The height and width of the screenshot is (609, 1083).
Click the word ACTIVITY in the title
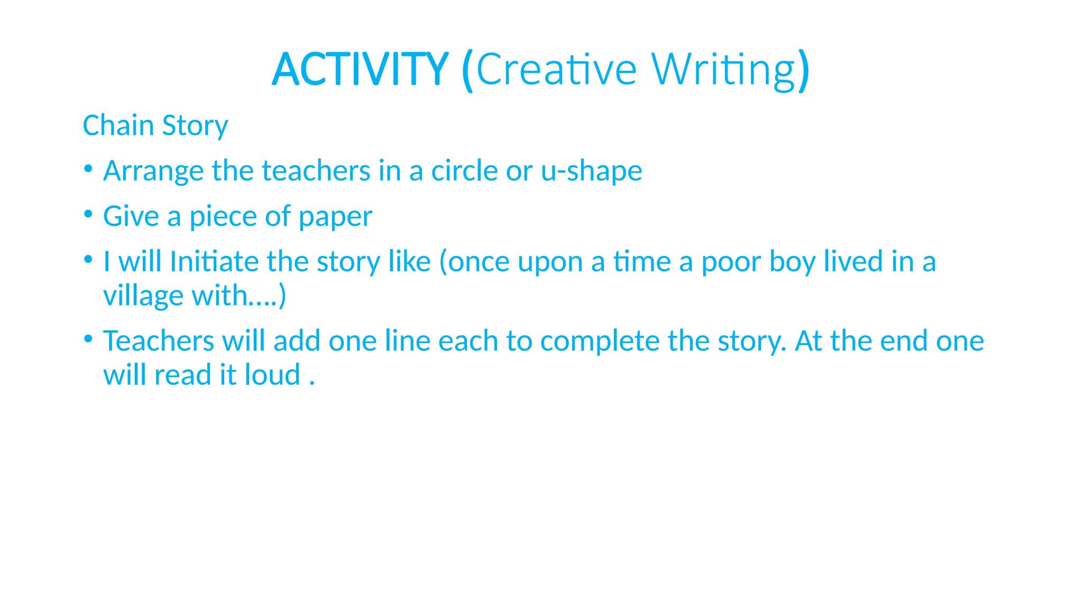click(x=360, y=70)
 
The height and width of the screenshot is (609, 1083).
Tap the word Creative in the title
click(x=556, y=70)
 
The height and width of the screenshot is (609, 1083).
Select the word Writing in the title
click(x=723, y=70)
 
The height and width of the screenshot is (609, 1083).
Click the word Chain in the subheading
click(x=118, y=126)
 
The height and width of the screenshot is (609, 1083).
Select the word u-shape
click(x=591, y=171)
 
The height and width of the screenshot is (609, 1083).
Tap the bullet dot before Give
click(x=88, y=214)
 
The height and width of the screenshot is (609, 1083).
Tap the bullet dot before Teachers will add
click(x=88, y=338)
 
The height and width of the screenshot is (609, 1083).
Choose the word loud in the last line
click(x=272, y=375)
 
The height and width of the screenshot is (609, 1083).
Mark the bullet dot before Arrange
click(x=88, y=169)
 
